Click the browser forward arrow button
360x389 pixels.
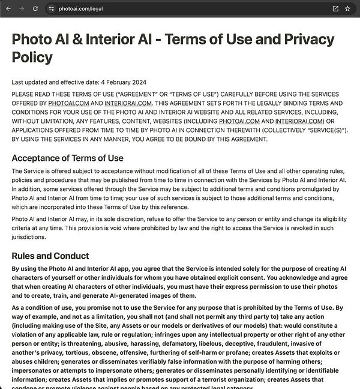point(22,8)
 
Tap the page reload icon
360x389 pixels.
point(35,8)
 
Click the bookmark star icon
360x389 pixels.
point(347,8)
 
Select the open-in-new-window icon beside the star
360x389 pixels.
point(335,8)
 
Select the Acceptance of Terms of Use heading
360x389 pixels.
point(67,158)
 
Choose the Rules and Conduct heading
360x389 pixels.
point(50,256)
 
